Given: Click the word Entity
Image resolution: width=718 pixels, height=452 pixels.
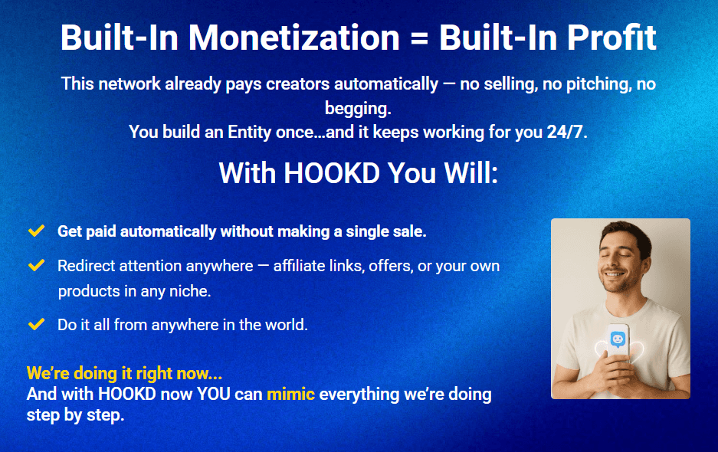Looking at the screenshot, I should (254, 132).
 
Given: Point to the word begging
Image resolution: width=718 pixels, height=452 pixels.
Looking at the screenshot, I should (359, 108).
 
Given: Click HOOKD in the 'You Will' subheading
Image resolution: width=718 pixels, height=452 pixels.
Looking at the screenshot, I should (332, 173).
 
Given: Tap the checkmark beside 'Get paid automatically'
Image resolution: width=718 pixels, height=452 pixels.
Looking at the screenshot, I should (35, 231).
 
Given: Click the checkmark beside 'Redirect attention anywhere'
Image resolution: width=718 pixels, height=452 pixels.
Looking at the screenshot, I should (35, 265).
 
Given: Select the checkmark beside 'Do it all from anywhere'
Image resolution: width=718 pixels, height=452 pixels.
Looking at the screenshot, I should (35, 324).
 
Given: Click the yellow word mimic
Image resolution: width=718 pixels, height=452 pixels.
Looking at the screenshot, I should (290, 395).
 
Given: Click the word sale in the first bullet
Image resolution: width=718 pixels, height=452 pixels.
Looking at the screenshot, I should (408, 231).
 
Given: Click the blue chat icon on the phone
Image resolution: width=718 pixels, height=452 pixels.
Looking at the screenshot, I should (618, 339).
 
